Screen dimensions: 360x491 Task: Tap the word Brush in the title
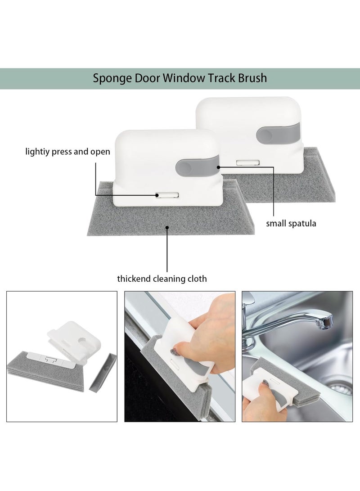[252, 78]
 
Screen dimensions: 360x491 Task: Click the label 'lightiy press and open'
[67, 152]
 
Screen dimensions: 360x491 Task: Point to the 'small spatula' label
[291, 224]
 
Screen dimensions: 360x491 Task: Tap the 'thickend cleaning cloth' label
[162, 279]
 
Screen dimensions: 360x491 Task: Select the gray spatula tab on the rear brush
[278, 133]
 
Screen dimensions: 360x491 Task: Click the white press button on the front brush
[168, 195]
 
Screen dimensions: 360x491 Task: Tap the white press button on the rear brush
[248, 162]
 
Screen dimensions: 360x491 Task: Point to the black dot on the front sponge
[167, 228]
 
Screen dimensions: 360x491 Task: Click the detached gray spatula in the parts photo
[103, 373]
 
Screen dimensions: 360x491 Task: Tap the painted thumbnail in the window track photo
[174, 351]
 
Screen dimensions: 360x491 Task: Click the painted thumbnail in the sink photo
[266, 382]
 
